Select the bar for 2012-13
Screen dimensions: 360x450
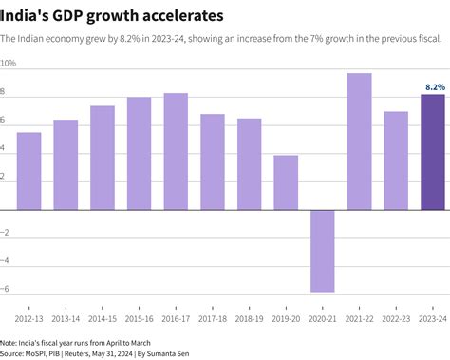[28, 171]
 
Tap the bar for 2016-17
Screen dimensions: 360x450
[176, 151]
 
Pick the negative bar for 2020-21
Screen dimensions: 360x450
[323, 251]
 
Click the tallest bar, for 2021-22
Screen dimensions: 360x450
[359, 142]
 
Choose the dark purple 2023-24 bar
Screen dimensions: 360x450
[433, 152]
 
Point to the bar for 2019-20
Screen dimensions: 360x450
[286, 182]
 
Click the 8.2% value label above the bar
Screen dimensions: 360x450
[433, 86]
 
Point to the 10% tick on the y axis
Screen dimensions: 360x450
[9, 64]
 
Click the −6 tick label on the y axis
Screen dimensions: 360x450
[7, 289]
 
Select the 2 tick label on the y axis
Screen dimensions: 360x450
[4, 177]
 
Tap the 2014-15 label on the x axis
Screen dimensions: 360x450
[103, 319]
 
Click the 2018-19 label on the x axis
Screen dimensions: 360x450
[250, 319]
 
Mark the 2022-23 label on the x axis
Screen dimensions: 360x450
[396, 319]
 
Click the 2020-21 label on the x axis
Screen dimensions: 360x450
[323, 319]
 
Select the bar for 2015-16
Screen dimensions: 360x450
[139, 154]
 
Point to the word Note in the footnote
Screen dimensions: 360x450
[9, 342]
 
